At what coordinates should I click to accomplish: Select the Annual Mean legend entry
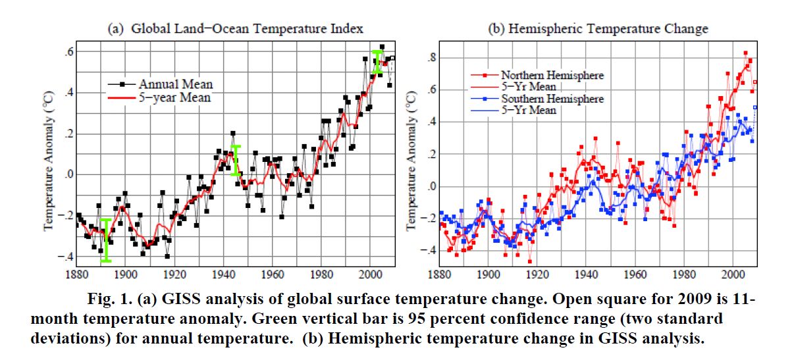[175, 84]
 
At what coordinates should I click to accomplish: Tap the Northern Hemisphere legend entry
[552, 75]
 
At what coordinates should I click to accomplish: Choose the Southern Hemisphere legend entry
[552, 99]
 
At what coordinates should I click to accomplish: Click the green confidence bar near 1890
[105, 240]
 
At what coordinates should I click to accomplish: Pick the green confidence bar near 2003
[377, 61]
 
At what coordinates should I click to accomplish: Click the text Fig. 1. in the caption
[109, 301]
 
